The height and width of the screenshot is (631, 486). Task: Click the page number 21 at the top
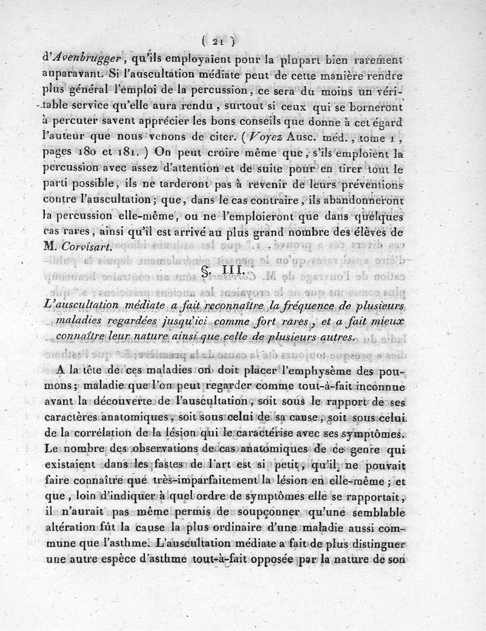pos(219,41)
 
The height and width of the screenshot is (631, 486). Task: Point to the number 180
pos(94,154)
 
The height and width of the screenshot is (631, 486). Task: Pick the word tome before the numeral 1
pos(378,138)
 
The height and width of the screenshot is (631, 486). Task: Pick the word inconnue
pos(376,386)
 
